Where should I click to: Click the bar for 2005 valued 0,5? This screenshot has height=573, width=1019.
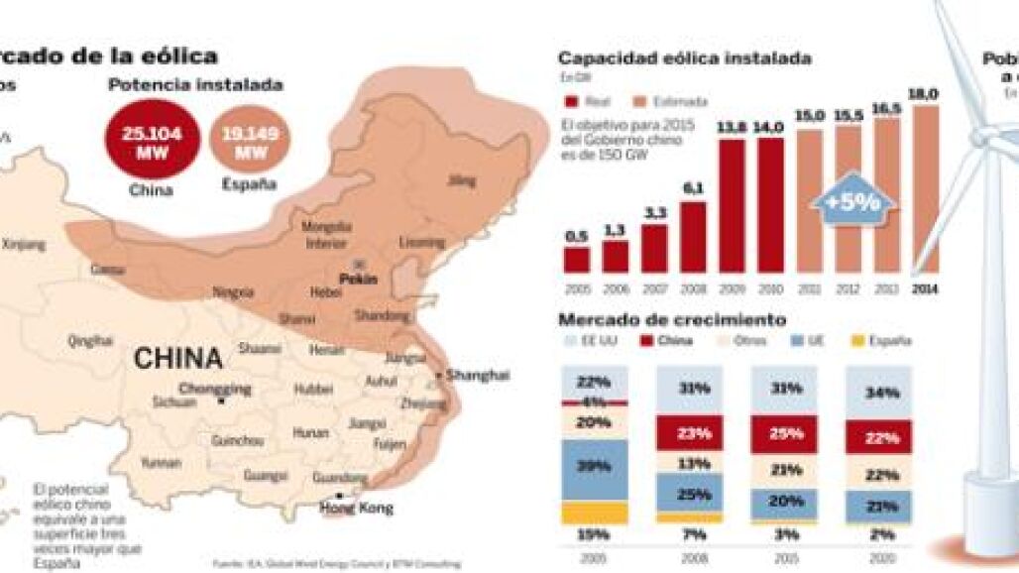tap(576, 258)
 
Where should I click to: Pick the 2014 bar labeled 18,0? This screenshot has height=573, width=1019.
tap(924, 188)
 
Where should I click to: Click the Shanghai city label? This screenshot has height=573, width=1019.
tap(477, 375)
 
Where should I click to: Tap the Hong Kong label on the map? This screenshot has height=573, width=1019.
tap(356, 508)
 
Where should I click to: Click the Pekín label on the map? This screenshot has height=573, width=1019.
tap(358, 280)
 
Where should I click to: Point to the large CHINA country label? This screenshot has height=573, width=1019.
tap(177, 357)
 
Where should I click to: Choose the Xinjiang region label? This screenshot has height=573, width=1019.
tap(24, 243)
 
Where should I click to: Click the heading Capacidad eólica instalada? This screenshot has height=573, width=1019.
tap(684, 58)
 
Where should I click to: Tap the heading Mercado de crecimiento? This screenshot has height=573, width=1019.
tap(672, 320)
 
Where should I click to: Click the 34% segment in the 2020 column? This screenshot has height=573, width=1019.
tap(877, 393)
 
